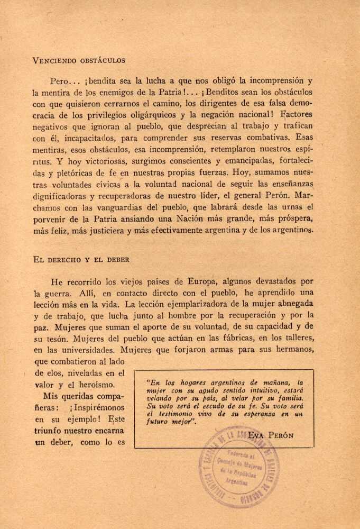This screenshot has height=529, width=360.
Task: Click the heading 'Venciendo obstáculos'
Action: coord(79,60)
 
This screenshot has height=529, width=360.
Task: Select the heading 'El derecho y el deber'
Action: coord(81,260)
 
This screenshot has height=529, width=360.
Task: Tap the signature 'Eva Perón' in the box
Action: coord(271,435)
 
